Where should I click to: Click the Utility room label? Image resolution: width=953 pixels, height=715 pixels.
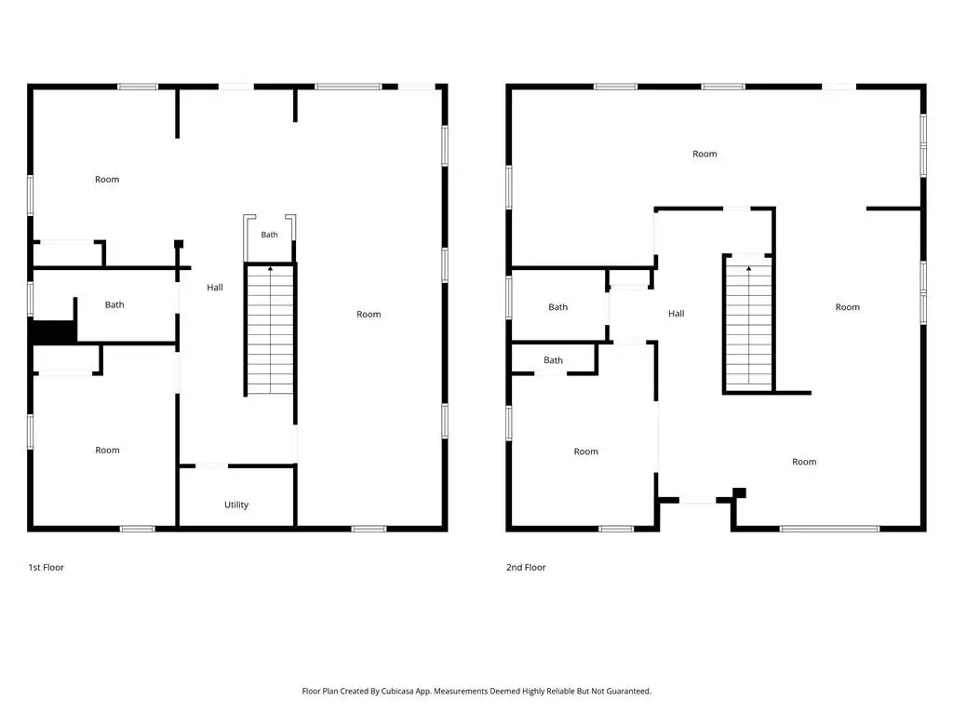point(235,505)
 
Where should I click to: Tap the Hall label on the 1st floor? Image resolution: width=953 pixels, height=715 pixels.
point(215,288)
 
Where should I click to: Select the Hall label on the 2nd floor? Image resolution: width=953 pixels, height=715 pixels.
point(676,314)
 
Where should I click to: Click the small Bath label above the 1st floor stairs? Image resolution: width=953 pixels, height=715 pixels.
point(269,235)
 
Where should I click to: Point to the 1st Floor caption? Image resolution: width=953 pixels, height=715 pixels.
point(47,567)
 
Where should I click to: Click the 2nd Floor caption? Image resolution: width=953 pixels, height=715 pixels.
point(526,567)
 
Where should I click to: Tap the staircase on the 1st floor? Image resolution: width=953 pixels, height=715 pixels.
point(270,331)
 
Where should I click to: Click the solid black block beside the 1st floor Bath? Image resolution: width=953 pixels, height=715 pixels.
point(53,332)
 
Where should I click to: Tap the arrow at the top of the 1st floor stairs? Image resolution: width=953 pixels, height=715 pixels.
point(271,268)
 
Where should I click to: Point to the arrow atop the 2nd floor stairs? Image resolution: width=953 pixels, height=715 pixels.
point(749,268)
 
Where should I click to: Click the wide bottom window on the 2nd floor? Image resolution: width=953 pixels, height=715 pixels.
point(829,529)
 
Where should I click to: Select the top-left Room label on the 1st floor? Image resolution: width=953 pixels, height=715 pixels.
point(107,180)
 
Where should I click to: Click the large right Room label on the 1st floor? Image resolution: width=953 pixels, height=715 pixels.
point(369,315)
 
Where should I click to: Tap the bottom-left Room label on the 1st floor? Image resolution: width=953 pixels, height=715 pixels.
point(107,451)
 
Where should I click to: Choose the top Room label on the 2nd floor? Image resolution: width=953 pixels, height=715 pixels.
point(705,155)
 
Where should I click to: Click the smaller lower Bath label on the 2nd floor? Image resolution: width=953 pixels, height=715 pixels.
point(553,360)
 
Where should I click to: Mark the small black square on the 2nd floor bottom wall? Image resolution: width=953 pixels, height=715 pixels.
point(739,492)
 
